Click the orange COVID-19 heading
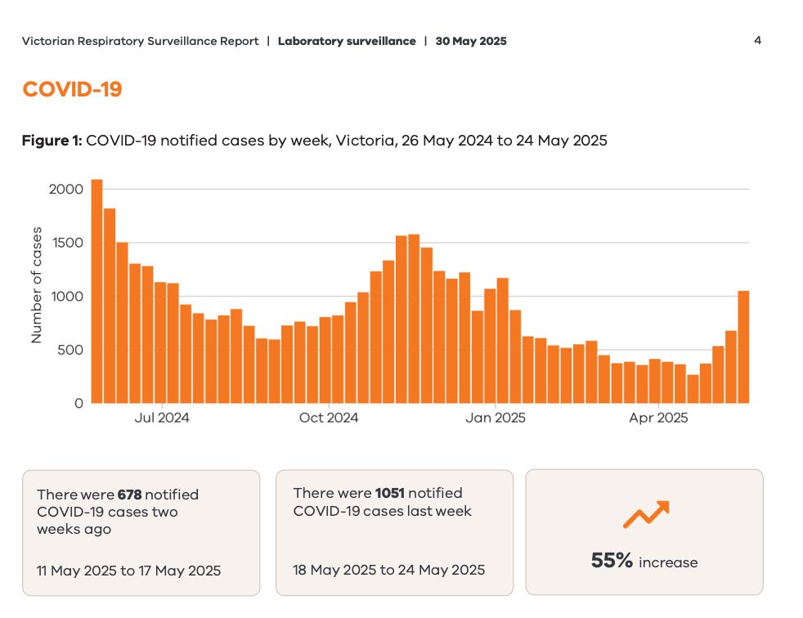point(72,89)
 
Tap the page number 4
point(757,40)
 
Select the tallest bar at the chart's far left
point(96,290)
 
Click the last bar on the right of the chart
point(743,347)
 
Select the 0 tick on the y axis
point(79,403)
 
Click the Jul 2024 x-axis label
point(162,419)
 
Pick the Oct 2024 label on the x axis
point(329,419)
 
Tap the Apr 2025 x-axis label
point(659,419)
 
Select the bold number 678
point(129,495)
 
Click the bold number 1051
point(389,493)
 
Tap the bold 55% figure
point(612,561)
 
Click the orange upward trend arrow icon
point(645,514)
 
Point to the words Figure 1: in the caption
point(52,141)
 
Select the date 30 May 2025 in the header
point(471,41)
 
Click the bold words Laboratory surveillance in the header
point(347,41)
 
